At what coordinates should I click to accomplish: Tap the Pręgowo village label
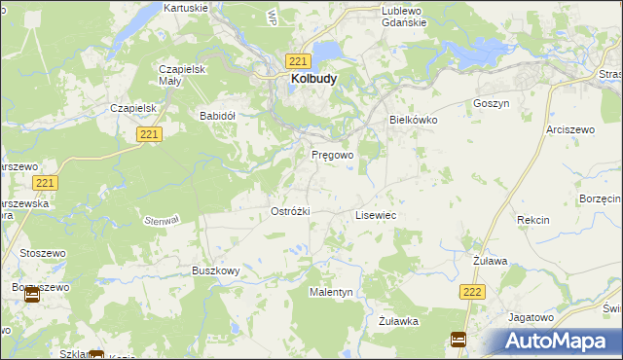[x=332, y=155]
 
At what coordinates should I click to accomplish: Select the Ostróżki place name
[x=289, y=211]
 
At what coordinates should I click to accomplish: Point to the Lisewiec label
[x=375, y=214]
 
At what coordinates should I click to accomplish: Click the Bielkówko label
[x=414, y=120]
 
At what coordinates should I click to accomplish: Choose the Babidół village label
[x=218, y=115]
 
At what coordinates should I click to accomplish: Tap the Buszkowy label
[x=215, y=271]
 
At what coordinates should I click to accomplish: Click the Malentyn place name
[x=330, y=292]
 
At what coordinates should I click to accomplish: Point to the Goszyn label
[x=491, y=102]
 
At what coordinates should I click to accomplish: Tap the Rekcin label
[x=532, y=220]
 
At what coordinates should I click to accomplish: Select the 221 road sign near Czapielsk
[x=148, y=134]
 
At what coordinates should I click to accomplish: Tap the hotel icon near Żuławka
[x=458, y=340]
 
